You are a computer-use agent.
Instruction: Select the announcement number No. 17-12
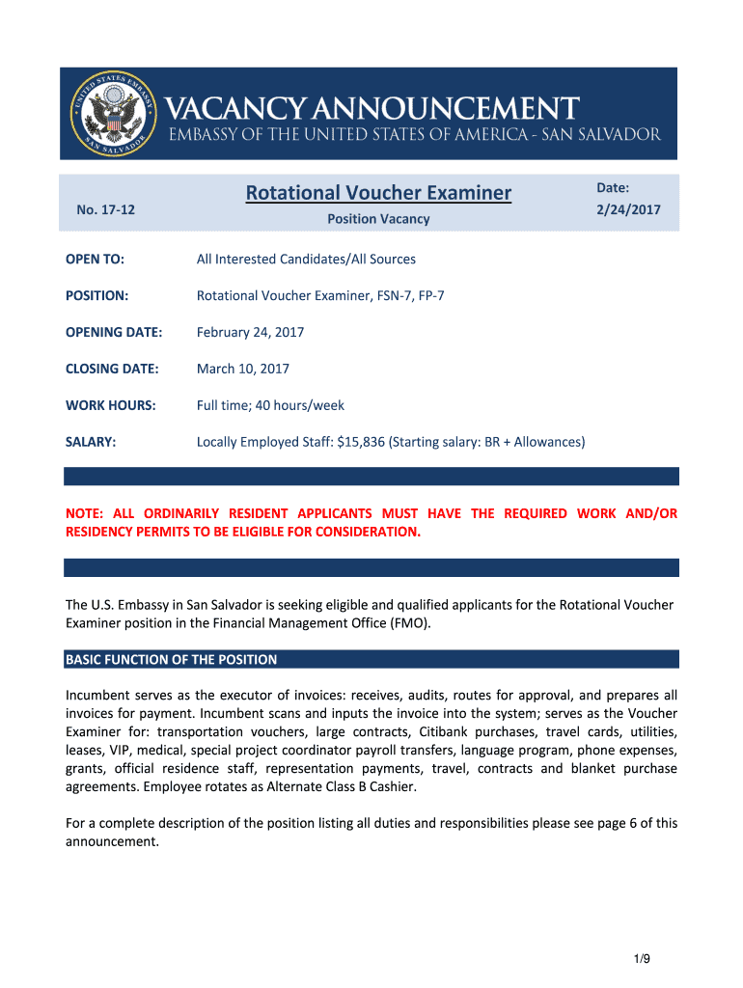click(105, 209)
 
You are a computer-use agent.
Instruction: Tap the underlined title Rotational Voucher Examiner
click(378, 193)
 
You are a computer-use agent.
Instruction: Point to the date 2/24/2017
click(629, 209)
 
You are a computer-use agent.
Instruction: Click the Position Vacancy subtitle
click(378, 219)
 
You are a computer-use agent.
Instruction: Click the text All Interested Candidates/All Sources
click(306, 259)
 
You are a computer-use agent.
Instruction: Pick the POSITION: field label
click(96, 295)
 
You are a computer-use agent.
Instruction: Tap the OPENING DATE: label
click(114, 332)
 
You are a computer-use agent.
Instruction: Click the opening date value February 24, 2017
click(250, 332)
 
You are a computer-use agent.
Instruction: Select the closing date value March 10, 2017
click(242, 369)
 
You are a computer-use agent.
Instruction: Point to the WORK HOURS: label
click(110, 405)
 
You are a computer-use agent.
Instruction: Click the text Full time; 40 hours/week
click(270, 405)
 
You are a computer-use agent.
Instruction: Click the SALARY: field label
click(91, 442)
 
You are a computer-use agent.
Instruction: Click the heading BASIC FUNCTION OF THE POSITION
click(171, 660)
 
